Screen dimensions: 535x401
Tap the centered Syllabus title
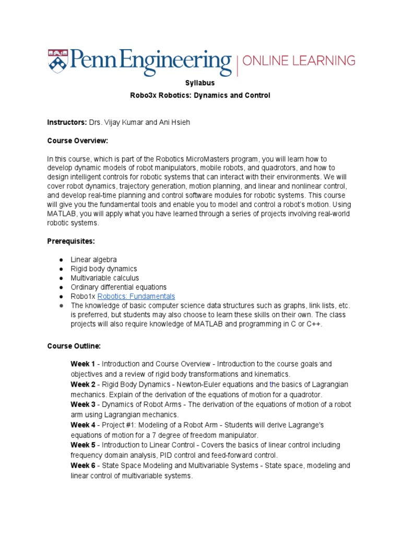[x=200, y=83]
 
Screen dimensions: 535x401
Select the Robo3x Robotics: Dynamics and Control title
[x=200, y=96]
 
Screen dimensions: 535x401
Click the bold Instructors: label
[x=67, y=122]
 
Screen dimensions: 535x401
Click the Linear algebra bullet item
[x=94, y=260]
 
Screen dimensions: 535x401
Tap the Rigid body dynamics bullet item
[x=104, y=269]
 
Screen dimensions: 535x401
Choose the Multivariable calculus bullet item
[x=105, y=278]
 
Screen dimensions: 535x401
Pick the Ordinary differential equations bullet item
[x=119, y=287]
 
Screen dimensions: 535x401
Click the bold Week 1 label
[x=83, y=364]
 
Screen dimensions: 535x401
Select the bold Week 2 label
[x=83, y=384]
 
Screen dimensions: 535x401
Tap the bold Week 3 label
[x=83, y=404]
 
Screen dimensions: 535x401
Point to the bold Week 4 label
[x=83, y=425]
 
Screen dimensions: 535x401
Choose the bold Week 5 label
[x=83, y=445]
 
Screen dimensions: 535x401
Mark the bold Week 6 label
[x=83, y=466]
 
